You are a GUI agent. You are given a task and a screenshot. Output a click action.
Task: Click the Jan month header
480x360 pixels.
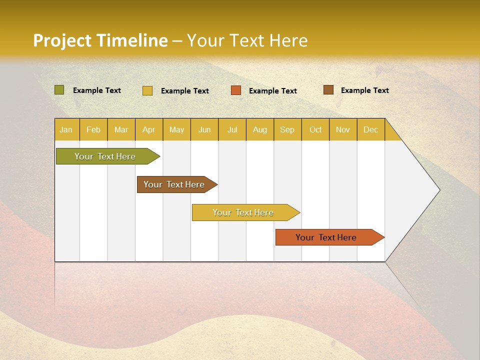point(66,129)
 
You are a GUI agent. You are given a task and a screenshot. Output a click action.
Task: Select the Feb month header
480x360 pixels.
point(93,129)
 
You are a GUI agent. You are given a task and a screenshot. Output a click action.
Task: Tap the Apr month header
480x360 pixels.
point(149,129)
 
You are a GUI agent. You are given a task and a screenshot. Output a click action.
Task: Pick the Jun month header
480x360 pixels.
point(204,129)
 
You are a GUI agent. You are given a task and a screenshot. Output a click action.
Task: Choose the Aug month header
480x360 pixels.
point(260,129)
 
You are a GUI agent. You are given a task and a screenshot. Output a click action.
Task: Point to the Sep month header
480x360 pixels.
point(287,129)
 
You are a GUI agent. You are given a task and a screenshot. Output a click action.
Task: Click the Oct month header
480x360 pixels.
point(315,129)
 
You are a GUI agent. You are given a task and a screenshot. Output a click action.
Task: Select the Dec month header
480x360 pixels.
point(371,129)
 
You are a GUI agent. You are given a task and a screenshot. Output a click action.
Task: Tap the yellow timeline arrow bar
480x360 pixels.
point(243,212)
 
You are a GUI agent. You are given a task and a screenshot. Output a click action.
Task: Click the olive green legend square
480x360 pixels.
point(59,90)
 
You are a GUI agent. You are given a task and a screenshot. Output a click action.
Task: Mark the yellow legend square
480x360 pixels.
point(147,90)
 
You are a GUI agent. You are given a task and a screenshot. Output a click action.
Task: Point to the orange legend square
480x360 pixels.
point(236,90)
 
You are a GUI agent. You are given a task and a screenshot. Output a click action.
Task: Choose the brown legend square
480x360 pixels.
point(328,90)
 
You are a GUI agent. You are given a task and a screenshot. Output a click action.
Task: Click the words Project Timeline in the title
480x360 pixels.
point(100,40)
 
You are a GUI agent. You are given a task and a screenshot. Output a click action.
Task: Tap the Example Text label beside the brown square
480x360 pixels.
point(365,90)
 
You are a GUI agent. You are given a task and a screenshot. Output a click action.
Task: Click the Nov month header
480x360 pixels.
point(343,129)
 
